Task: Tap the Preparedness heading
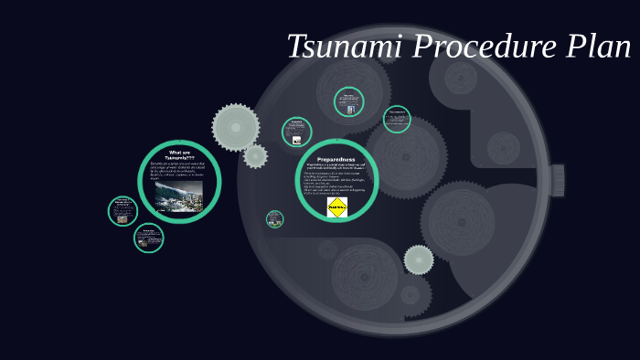click(x=336, y=159)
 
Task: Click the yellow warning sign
click(x=337, y=206)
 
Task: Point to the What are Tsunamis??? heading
click(x=180, y=154)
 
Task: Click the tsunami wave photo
click(x=179, y=195)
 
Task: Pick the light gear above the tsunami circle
click(x=236, y=127)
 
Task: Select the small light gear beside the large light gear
click(x=256, y=155)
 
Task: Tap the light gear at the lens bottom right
click(x=419, y=259)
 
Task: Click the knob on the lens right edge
click(x=557, y=180)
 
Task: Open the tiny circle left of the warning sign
click(x=275, y=219)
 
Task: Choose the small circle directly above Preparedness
click(x=296, y=132)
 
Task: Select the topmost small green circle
click(x=348, y=101)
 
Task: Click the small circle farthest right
click(x=397, y=119)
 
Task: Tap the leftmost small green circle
click(x=123, y=211)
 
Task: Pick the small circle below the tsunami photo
click(x=148, y=238)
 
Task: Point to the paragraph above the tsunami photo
click(x=179, y=171)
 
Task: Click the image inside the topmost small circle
click(x=349, y=110)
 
